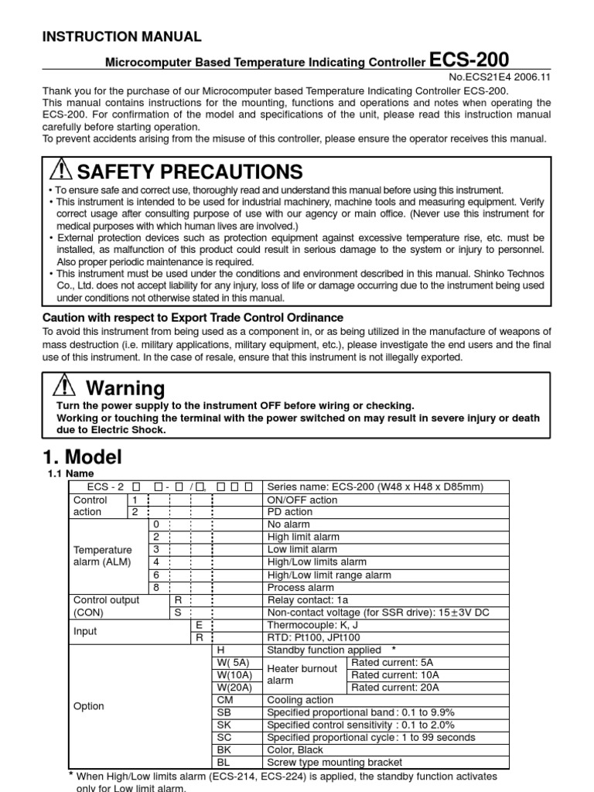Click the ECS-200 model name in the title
pyautogui.click(x=469, y=60)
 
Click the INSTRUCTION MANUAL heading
pyautogui.click(x=121, y=36)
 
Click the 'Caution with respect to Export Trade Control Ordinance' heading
pyautogui.click(x=193, y=318)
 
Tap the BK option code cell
pyautogui.click(x=225, y=749)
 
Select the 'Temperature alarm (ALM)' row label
pyautogui.click(x=102, y=556)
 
